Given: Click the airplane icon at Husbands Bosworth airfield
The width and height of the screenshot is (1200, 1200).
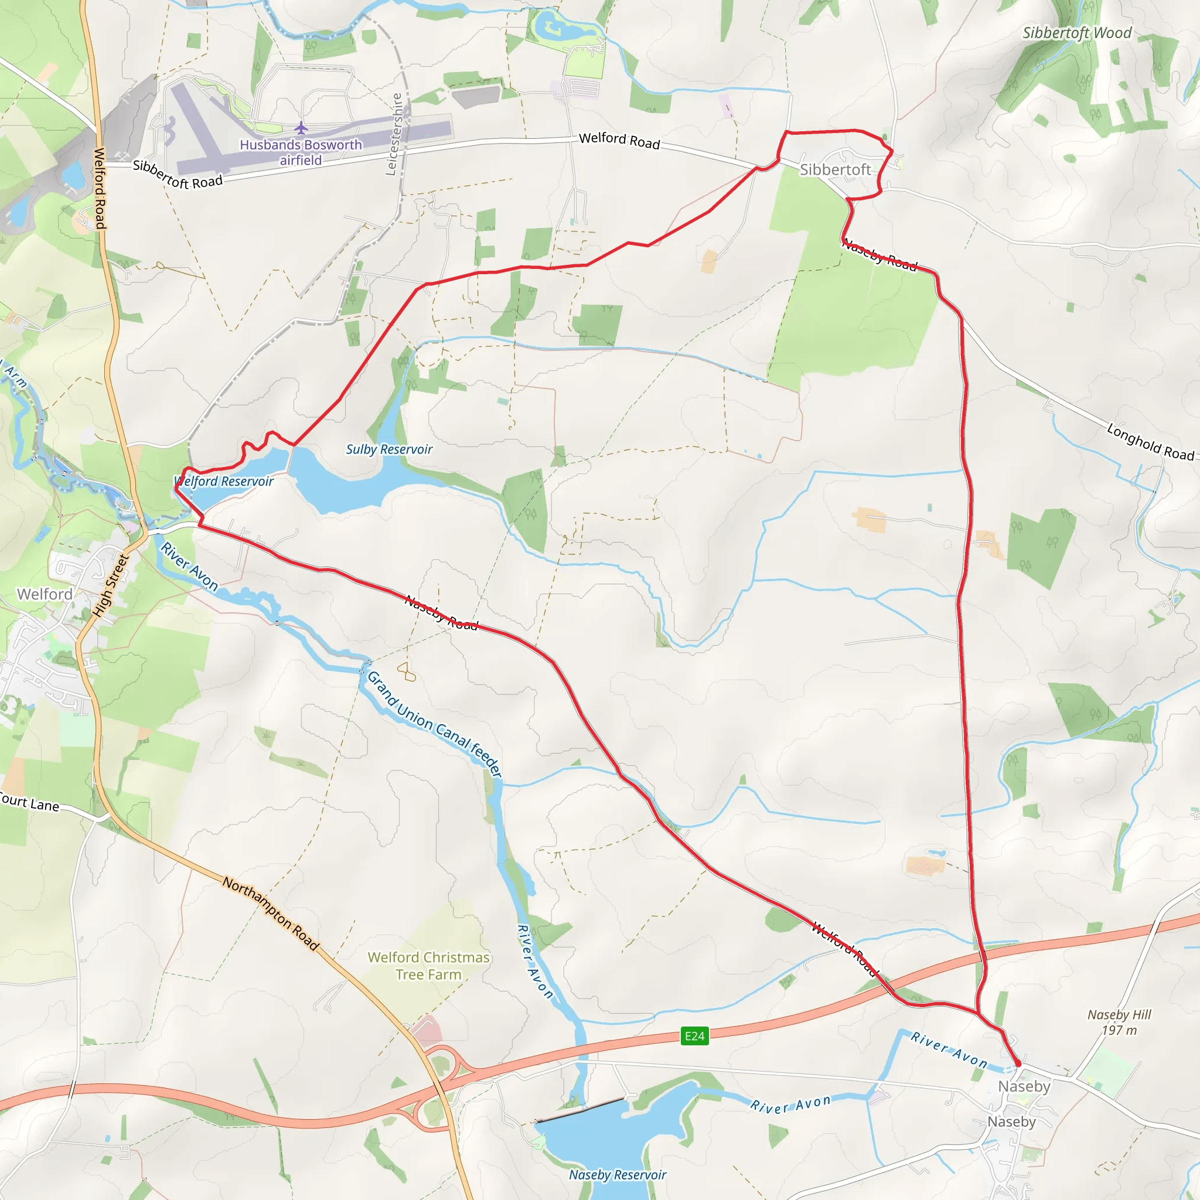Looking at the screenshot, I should (x=301, y=128).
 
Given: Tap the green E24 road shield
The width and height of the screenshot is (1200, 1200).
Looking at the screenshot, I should (x=694, y=1035).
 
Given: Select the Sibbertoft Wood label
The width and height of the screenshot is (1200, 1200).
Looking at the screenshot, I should (x=1077, y=33).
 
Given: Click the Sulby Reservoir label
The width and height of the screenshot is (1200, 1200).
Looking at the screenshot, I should (x=389, y=449).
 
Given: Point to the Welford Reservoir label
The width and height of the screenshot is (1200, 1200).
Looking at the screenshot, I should (x=224, y=482).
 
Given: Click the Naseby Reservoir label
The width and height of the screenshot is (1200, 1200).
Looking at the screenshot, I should (x=618, y=1175).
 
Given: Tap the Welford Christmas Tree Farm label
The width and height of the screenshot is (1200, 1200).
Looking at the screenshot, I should (x=428, y=966).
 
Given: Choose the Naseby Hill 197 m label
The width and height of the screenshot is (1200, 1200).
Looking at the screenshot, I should (x=1119, y=1022).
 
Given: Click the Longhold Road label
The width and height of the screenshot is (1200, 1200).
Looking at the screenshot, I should (x=1150, y=442).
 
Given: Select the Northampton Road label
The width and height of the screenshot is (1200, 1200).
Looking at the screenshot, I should (x=271, y=913).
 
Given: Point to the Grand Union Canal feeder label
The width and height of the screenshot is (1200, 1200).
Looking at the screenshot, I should (x=435, y=724).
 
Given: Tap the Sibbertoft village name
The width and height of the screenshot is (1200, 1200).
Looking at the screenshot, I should (x=836, y=169).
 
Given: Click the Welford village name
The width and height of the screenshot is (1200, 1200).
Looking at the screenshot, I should (x=45, y=594).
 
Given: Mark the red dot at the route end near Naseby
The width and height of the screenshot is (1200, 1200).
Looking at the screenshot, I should (x=1017, y=1064).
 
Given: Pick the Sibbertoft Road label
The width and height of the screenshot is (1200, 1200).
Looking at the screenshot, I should (x=178, y=175).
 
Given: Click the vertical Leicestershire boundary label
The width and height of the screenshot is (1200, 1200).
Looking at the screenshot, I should (x=394, y=134).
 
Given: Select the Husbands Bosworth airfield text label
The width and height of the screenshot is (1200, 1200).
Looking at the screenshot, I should (x=301, y=152).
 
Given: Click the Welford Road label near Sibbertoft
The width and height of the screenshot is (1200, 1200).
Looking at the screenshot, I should (x=619, y=141).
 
